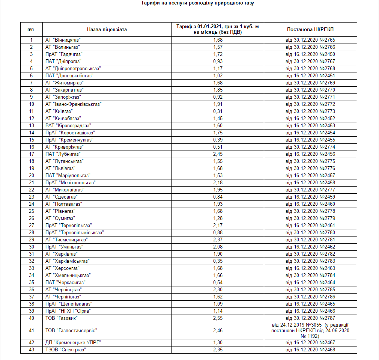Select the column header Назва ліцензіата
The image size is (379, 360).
[x=107, y=29]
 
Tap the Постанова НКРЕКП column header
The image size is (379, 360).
[x=310, y=29]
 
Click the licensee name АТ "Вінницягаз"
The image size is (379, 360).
[x=63, y=40]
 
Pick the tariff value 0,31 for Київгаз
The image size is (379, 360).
[x=218, y=111]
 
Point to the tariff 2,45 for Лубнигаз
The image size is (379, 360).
[x=218, y=154]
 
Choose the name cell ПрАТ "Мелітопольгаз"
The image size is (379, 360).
[x=71, y=183]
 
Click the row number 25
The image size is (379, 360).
[x=32, y=211]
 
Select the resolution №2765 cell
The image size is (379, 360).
[x=310, y=40]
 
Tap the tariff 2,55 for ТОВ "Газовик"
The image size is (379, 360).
[x=218, y=318]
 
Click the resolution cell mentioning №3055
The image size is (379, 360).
[x=310, y=330]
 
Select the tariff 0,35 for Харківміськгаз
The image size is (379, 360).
[x=218, y=261]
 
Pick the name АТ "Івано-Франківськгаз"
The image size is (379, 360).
[x=73, y=104]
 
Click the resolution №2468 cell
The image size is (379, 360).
[x=310, y=350]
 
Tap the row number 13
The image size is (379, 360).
[x=32, y=126]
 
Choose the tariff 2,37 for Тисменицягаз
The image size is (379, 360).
[x=218, y=240]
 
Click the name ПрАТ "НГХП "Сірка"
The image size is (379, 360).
[x=68, y=311]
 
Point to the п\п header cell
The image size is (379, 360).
[x=32, y=29]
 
